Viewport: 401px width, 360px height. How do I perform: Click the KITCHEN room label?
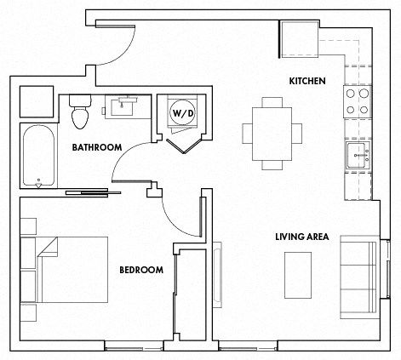click(x=306, y=81)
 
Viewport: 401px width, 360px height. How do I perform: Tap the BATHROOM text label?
click(x=97, y=147)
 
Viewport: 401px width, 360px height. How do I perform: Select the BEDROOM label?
click(x=140, y=270)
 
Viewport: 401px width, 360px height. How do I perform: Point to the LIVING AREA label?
click(x=301, y=236)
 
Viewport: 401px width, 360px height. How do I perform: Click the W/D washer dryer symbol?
click(x=183, y=111)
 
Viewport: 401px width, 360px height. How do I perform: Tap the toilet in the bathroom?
click(x=80, y=110)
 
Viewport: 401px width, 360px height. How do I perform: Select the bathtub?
click(x=38, y=156)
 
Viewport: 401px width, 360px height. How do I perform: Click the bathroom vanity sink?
click(x=128, y=106)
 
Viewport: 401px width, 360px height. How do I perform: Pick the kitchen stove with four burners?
click(x=357, y=102)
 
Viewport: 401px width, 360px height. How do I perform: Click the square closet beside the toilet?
click(x=37, y=102)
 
